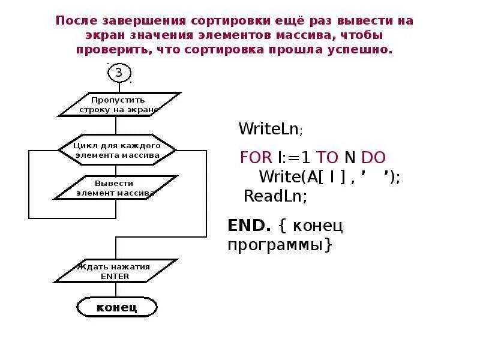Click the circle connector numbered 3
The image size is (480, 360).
click(118, 73)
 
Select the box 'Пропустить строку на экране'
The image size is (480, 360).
click(119, 104)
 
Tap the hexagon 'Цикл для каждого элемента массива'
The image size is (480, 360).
click(117, 150)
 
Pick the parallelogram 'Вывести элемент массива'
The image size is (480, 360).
click(115, 188)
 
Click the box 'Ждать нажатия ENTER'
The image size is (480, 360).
click(116, 271)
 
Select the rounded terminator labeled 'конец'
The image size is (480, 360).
click(117, 308)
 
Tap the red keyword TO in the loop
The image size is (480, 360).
click(328, 158)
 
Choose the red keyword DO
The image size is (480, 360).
click(373, 158)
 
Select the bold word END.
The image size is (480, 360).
click(248, 226)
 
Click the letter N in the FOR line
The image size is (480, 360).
click(350, 158)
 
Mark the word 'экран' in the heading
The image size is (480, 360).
click(99, 35)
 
